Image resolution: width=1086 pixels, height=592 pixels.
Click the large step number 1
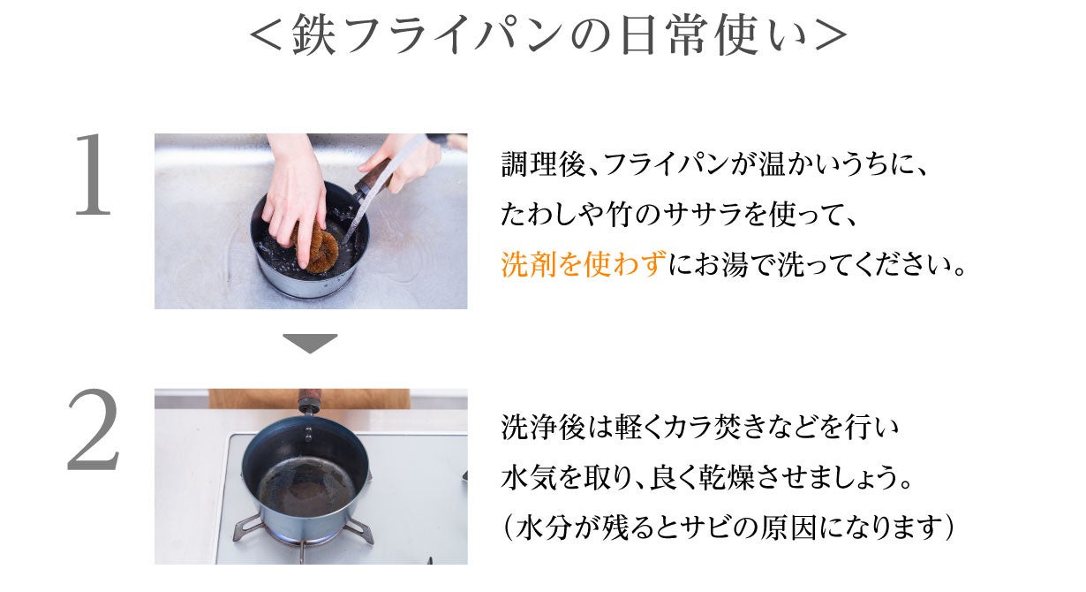[93, 175]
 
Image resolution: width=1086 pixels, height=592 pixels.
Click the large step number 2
[93, 429]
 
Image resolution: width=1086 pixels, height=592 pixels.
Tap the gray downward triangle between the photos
[310, 343]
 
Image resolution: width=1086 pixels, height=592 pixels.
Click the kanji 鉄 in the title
[313, 34]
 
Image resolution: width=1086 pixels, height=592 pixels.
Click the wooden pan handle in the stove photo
[308, 400]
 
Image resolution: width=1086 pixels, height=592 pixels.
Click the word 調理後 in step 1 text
[543, 163]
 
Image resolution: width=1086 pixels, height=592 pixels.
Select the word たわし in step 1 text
[542, 214]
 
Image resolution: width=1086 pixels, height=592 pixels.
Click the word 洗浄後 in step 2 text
[543, 428]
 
